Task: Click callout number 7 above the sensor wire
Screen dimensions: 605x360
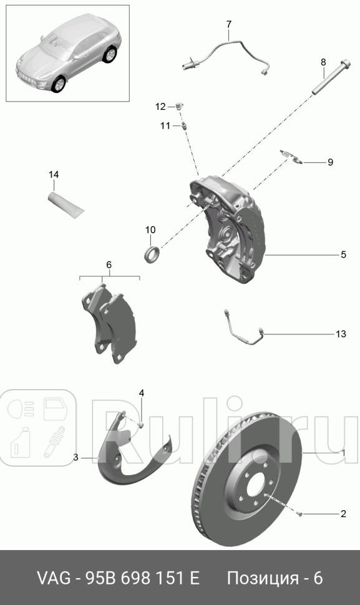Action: [x=228, y=25]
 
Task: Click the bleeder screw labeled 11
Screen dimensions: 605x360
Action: [x=184, y=126]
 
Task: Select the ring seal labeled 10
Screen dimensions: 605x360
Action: [x=152, y=254]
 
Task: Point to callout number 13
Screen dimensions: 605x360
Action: [x=341, y=334]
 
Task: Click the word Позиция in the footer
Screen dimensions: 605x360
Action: [x=263, y=578]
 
